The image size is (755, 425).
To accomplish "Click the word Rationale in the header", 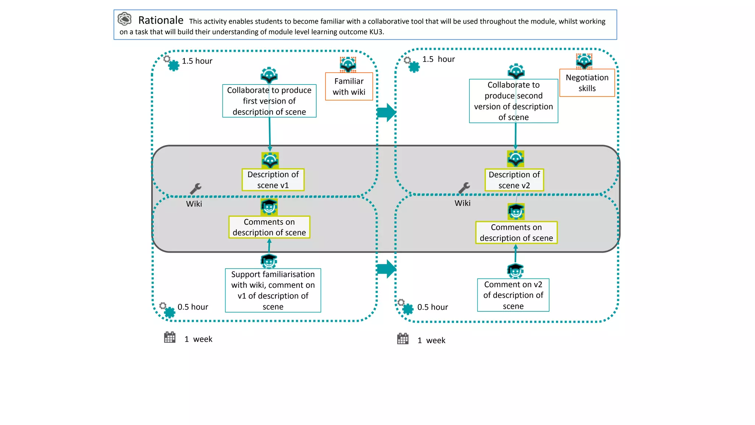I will tap(161, 20).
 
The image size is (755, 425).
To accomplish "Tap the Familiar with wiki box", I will tap(349, 87).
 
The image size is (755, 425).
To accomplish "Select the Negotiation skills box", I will tap(587, 83).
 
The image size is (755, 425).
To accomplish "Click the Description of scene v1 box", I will tap(273, 180).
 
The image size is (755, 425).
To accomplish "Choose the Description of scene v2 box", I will tap(514, 180).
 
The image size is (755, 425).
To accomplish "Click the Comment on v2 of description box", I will tap(513, 295).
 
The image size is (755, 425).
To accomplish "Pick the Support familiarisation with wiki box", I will tap(273, 291).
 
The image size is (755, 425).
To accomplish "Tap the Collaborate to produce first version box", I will tap(269, 101).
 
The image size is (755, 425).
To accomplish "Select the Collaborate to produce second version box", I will tap(513, 101).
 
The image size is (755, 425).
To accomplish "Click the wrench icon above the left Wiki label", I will tap(195, 189).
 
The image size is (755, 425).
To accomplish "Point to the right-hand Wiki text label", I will tap(462, 203).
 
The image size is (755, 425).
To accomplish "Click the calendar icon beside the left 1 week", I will tap(170, 337).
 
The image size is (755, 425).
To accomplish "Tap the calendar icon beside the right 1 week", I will tap(403, 339).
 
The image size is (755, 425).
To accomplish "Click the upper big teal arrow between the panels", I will tap(386, 113).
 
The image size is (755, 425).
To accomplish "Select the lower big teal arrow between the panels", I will tap(386, 269).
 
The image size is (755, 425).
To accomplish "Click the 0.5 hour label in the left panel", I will tap(193, 307).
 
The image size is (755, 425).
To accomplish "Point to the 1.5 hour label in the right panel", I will tap(438, 59).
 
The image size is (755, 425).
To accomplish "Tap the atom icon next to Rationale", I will tap(125, 19).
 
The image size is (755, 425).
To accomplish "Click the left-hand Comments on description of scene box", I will tap(269, 227).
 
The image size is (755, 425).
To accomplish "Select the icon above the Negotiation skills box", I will tap(584, 61).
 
